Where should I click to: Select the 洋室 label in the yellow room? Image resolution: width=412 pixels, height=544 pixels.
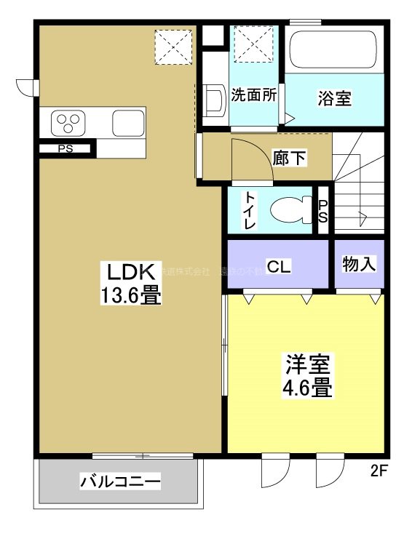pyautogui.click(x=308, y=364)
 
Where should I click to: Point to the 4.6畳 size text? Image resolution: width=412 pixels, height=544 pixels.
pyautogui.click(x=308, y=387)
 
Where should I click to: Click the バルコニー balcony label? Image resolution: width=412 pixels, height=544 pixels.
pyautogui.click(x=120, y=481)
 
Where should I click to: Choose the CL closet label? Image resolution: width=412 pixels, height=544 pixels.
pyautogui.click(x=278, y=267)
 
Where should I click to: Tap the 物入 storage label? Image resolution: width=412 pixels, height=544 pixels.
pyautogui.click(x=359, y=264)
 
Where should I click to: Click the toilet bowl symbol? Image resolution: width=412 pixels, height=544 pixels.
pyautogui.click(x=291, y=211)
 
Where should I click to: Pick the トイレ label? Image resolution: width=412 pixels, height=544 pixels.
pyautogui.click(x=250, y=211)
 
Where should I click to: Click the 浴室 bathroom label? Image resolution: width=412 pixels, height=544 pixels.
pyautogui.click(x=335, y=99)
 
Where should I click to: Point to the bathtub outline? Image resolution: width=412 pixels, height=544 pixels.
pyautogui.click(x=333, y=51)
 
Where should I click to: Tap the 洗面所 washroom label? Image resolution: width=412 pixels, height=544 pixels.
pyautogui.click(x=254, y=95)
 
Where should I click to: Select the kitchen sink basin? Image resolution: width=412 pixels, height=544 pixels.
pyautogui.click(x=129, y=121)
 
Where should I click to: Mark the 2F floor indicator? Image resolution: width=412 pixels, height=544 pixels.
pyautogui.click(x=379, y=471)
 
